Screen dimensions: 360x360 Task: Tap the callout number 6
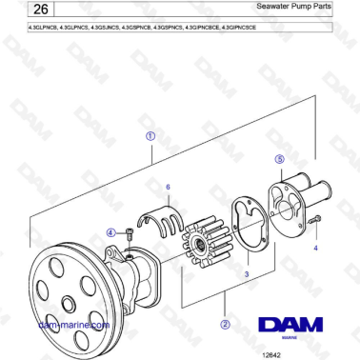(x=168, y=187)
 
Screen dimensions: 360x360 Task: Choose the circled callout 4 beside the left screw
(x=110, y=232)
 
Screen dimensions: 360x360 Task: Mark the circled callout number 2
(x=225, y=323)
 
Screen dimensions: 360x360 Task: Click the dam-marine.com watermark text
(x=72, y=324)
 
